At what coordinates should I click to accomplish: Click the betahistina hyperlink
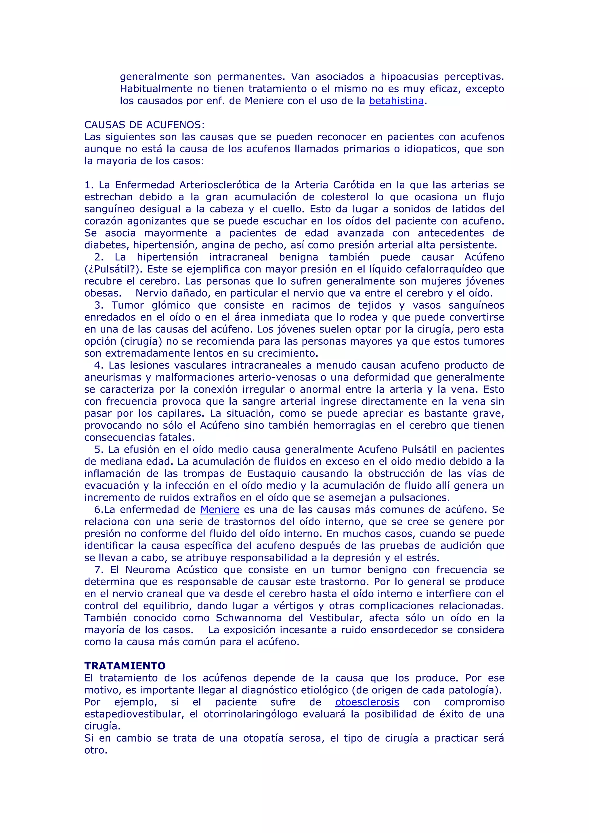[396, 101]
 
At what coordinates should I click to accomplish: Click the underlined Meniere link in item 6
[219, 510]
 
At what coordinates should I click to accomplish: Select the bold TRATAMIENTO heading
[125, 666]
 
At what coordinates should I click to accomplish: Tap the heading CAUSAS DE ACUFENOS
[144, 125]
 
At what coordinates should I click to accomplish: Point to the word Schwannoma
[248, 618]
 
